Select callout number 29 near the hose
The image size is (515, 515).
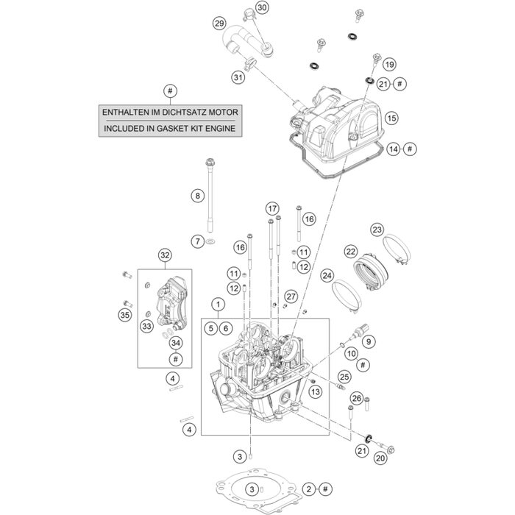point(219,24)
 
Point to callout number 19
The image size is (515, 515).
point(389,63)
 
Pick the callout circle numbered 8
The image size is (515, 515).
point(197,196)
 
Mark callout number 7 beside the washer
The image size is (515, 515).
point(197,241)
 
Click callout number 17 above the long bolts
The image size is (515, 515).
point(272,207)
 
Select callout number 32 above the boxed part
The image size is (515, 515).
point(164,256)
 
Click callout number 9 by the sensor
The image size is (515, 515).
point(369,340)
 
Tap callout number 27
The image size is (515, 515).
point(291,296)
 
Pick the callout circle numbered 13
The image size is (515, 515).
point(315,392)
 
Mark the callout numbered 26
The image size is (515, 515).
point(356,399)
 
